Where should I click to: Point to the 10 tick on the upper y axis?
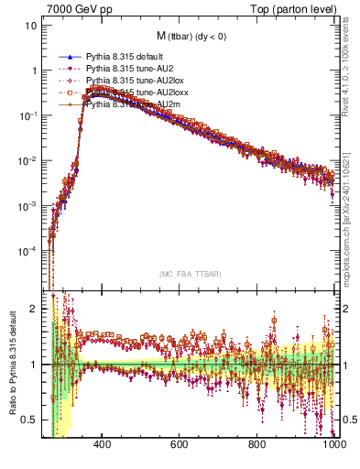coord(32,26)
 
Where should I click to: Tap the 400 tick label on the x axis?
coord(103,446)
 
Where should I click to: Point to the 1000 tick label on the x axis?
coord(334,446)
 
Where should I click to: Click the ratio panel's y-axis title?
coord(11,365)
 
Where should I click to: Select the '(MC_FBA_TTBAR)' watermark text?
coord(189,274)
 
